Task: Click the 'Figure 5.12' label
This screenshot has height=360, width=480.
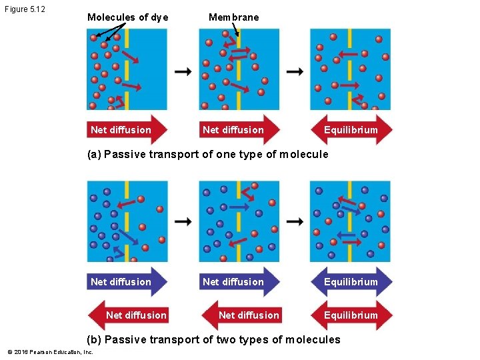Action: pos(24,9)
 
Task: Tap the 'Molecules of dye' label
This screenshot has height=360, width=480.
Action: pos(127,17)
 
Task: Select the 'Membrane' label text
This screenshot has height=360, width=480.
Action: pos(233,17)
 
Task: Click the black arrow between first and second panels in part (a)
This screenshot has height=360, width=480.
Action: pos(183,71)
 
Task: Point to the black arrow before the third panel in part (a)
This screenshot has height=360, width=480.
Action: pos(295,71)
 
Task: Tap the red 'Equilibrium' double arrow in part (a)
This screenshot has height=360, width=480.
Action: pos(351,130)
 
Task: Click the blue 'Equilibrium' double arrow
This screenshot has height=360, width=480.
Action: pos(351,282)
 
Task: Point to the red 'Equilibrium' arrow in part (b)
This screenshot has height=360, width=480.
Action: pos(351,315)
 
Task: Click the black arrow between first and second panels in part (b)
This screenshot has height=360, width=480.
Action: pos(183,221)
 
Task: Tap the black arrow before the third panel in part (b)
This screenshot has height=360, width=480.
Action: pos(295,221)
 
